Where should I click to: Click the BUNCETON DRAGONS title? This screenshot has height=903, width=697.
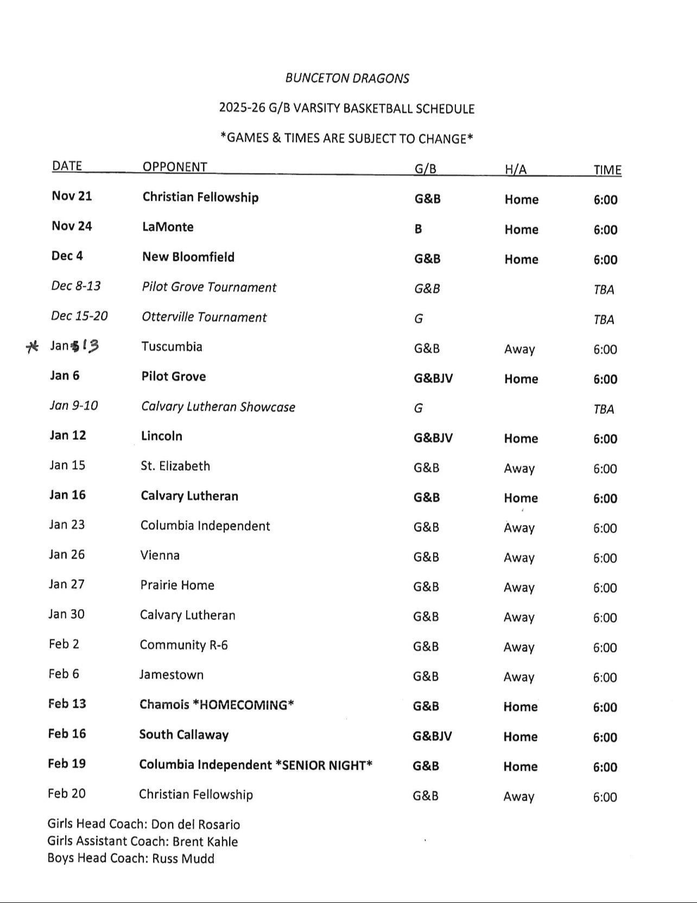click(347, 78)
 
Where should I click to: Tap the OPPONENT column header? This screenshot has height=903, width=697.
click(175, 166)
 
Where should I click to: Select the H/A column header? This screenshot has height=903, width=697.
click(516, 169)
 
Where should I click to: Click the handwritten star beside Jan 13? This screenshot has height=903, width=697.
click(33, 347)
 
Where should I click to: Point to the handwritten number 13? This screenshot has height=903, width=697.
click(90, 345)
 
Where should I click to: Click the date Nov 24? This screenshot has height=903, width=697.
click(72, 226)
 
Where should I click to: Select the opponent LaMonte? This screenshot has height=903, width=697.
click(168, 227)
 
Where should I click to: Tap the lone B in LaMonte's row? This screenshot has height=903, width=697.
click(418, 229)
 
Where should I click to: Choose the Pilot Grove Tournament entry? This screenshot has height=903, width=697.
click(209, 287)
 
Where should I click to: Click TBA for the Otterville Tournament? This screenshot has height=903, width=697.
click(604, 319)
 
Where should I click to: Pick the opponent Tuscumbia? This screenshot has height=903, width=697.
click(172, 347)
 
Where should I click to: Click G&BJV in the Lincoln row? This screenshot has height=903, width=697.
click(433, 438)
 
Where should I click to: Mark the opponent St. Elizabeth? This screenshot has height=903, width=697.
click(175, 466)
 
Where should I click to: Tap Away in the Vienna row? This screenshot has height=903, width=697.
click(519, 558)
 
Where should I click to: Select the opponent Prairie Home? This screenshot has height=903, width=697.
click(177, 585)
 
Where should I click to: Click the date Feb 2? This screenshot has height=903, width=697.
click(64, 644)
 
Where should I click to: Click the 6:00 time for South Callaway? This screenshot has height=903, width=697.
click(605, 737)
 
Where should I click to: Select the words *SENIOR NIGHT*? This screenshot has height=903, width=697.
click(324, 765)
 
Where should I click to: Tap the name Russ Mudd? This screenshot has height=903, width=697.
click(183, 859)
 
